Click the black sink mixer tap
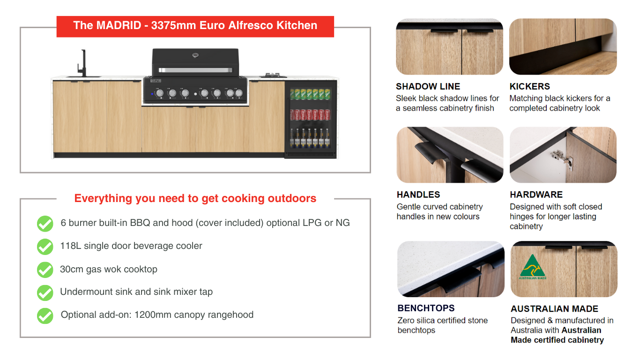[x=82, y=63]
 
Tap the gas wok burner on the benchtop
[x=272, y=75]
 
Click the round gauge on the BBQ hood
[x=195, y=55]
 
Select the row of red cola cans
[x=310, y=114]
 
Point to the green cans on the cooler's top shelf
[x=310, y=94]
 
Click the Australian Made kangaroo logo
[x=533, y=267]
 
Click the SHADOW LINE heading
[x=428, y=86]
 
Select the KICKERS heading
[x=529, y=86]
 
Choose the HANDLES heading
[x=418, y=195]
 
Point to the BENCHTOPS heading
[x=426, y=308]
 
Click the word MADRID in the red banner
[x=119, y=25]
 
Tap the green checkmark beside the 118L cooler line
[x=45, y=247]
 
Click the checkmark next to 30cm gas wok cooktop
[x=45, y=270]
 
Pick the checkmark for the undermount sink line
[x=45, y=292]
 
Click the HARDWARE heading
[x=536, y=195]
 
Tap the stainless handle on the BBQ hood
[x=195, y=70]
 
